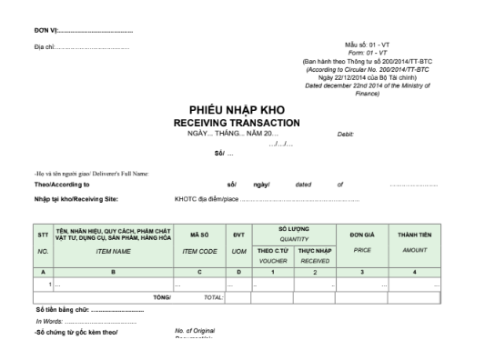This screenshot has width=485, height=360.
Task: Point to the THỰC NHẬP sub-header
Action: [315, 250]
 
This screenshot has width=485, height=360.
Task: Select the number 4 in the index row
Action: [413, 272]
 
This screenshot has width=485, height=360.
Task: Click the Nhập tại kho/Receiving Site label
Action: [76, 198]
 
